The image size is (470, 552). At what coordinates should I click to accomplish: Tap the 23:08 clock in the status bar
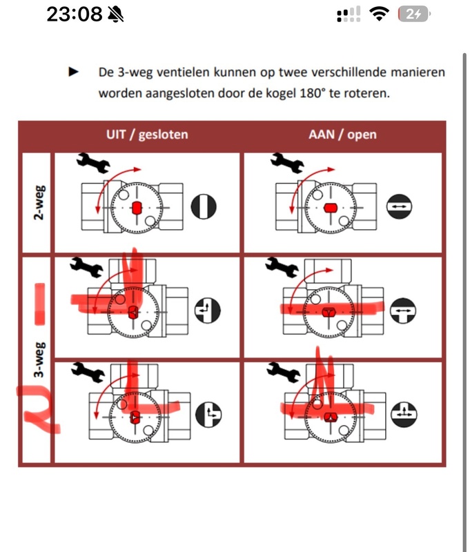[x=75, y=14]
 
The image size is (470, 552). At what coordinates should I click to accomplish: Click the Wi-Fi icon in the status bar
[x=378, y=14]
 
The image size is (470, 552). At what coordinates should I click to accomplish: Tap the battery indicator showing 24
[x=413, y=14]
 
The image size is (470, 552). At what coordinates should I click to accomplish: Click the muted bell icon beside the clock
[x=116, y=14]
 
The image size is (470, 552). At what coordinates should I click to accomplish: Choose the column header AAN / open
[x=342, y=134]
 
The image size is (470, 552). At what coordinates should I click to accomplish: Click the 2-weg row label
[x=39, y=202]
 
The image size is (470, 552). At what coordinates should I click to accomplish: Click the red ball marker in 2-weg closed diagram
[x=136, y=206]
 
